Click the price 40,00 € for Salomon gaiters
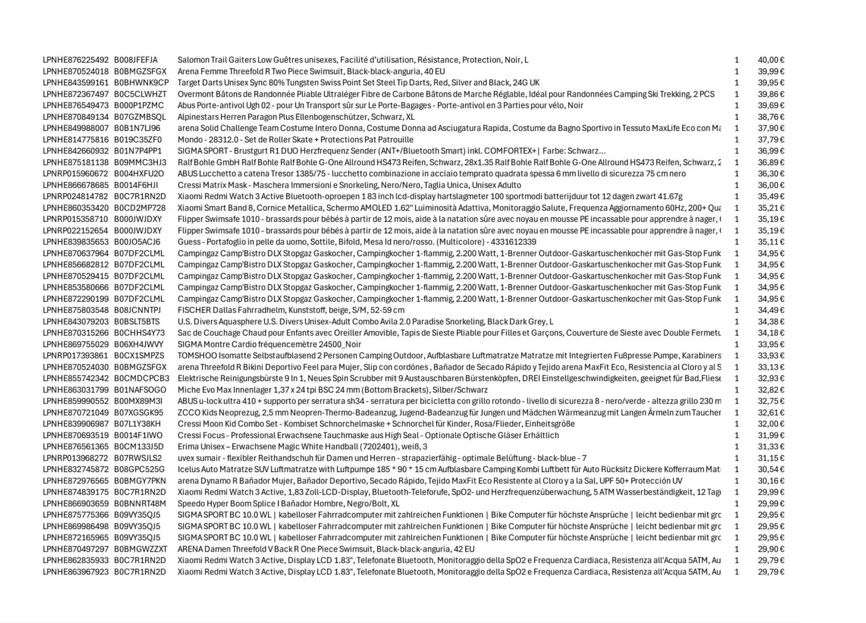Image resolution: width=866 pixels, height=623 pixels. (x=771, y=60)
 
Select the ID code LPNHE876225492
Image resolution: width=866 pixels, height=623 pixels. (x=76, y=60)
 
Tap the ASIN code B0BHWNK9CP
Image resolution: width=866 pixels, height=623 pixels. (x=141, y=83)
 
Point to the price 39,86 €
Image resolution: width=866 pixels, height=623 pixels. (x=771, y=94)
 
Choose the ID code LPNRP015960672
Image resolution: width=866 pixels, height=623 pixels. (x=75, y=174)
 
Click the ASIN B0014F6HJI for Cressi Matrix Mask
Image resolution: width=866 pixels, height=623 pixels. (x=136, y=185)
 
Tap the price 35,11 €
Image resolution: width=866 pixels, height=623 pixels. (x=771, y=242)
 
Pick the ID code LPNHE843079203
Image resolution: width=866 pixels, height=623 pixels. (x=76, y=322)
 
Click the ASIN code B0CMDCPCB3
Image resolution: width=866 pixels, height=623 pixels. (x=142, y=378)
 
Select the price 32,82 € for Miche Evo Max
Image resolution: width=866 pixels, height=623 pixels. (x=771, y=390)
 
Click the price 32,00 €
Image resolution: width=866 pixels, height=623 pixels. (x=771, y=424)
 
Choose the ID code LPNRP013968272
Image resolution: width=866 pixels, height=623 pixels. (x=75, y=458)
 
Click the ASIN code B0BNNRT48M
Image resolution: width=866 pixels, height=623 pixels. (x=140, y=504)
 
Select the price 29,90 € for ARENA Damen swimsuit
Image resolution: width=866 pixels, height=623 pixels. (x=771, y=549)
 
